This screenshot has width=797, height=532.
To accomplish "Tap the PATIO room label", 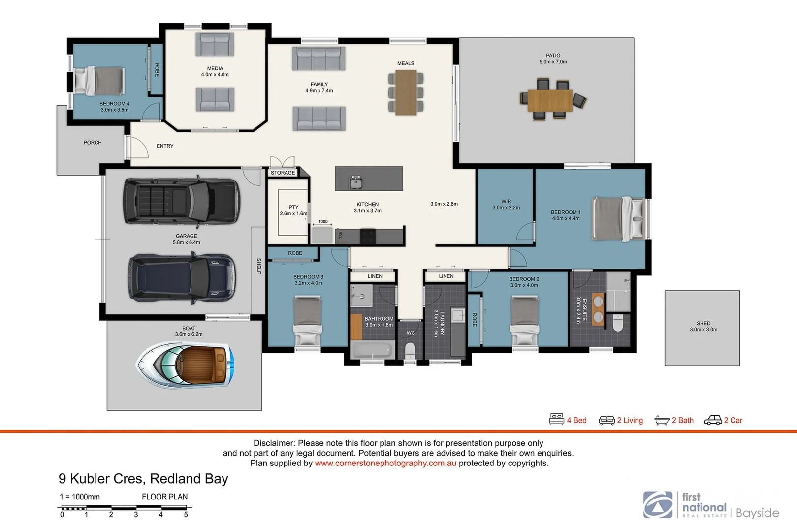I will (x=553, y=56).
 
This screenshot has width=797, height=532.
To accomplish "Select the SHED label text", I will (x=703, y=324).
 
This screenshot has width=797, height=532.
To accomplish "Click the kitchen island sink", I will (x=356, y=182).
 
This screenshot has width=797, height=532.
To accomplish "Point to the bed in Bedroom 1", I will (x=618, y=219).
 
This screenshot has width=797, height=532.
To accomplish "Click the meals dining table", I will (x=406, y=93).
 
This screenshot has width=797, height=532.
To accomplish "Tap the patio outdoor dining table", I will (x=550, y=100).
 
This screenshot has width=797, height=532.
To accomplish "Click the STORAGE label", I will (x=283, y=173).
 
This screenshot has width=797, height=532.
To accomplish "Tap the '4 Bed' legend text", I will (x=576, y=420).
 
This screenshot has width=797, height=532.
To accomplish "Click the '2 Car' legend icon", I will (x=713, y=420).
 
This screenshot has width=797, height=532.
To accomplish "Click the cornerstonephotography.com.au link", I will (x=385, y=463).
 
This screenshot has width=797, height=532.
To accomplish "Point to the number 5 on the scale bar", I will (x=186, y=515).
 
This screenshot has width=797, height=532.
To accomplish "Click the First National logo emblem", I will (x=658, y=504).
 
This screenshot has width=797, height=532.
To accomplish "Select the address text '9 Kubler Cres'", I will (x=101, y=479).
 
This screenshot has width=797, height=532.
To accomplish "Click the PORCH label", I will (x=93, y=143).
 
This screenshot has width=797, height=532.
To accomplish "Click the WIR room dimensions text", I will (x=506, y=208).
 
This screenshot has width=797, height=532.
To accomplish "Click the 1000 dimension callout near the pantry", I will (x=323, y=222).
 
